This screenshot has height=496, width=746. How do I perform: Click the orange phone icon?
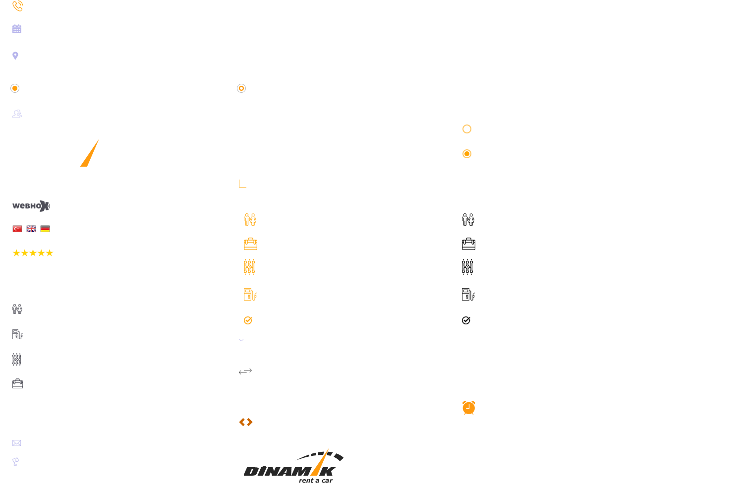pyautogui.click(x=17, y=6)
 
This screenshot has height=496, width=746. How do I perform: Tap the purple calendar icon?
pyautogui.click(x=17, y=29)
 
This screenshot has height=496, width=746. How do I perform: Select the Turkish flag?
pyautogui.click(x=17, y=229)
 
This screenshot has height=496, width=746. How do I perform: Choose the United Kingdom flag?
pyautogui.click(x=31, y=229)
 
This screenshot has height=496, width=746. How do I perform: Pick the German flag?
pyautogui.click(x=45, y=229)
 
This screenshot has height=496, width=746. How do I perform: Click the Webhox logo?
pyautogui.click(x=31, y=206)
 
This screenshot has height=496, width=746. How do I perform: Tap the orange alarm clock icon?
pyautogui.click(x=468, y=408)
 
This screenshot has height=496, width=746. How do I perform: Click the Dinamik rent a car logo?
pyautogui.click(x=293, y=466)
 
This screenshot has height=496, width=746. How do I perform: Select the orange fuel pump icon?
pyautogui.click(x=250, y=295)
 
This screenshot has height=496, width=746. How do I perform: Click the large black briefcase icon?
pyautogui.click(x=468, y=244)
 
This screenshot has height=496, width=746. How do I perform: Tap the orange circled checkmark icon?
pyautogui.click(x=248, y=320)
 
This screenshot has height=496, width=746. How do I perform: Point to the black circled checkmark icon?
pyautogui.click(x=466, y=320)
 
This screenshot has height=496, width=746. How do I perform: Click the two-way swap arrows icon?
pyautogui.click(x=245, y=372)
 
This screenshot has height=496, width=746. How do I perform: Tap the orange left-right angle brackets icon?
pyautogui.click(x=246, y=422)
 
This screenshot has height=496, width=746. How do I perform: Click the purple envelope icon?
pyautogui.click(x=17, y=443)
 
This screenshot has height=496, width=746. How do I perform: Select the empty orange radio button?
pyautogui.click(x=467, y=129)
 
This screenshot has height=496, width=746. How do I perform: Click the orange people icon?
pyautogui.click(x=250, y=220)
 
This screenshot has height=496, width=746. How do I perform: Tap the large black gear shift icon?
pyautogui.click(x=467, y=267)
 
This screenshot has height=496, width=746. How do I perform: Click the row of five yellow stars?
pyautogui.click(x=33, y=253)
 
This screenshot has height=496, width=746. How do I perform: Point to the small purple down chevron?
pyautogui.click(x=241, y=340)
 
